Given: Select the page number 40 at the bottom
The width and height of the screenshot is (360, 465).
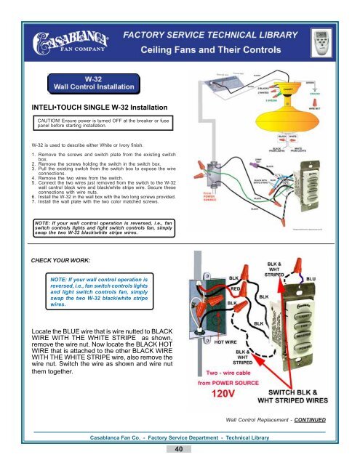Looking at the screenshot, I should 180,451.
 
